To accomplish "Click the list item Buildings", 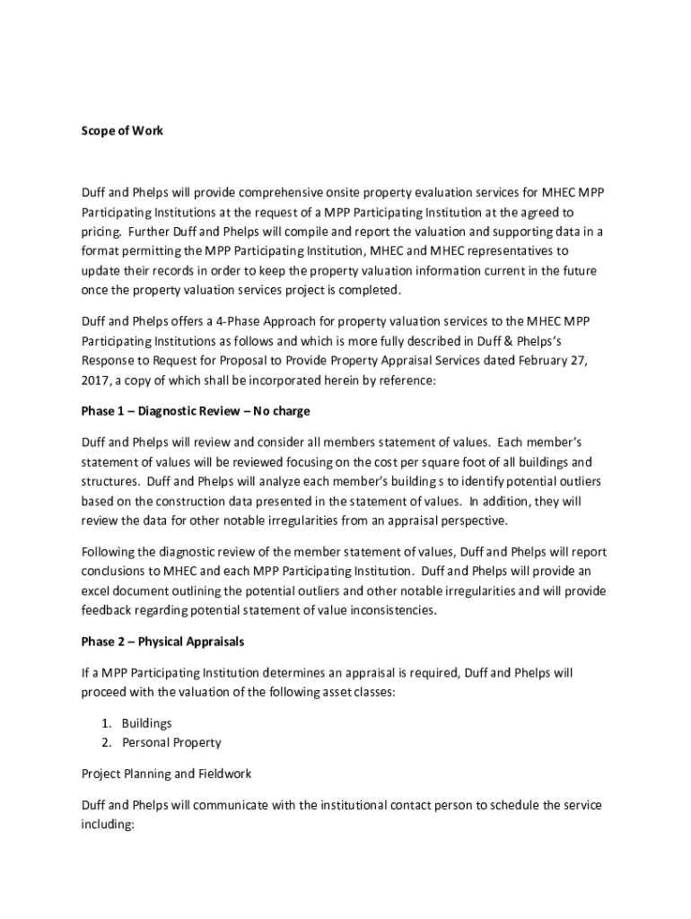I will (147, 722).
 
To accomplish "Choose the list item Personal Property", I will (171, 742).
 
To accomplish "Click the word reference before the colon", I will (407, 380).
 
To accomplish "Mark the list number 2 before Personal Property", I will (106, 742).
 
